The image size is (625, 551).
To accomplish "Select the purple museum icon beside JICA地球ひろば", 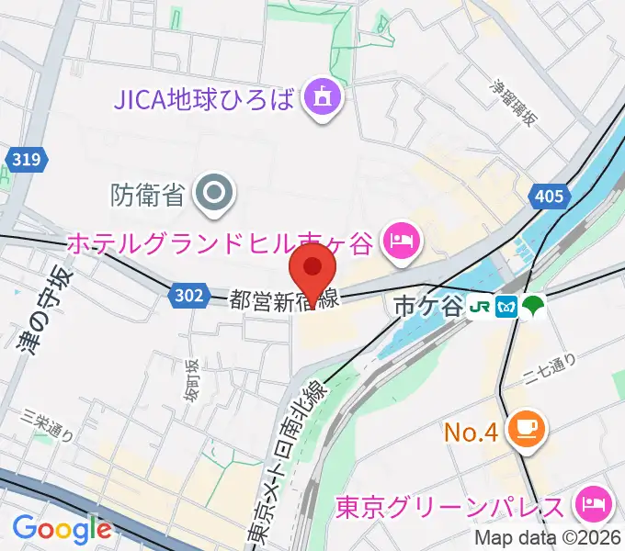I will coord(323,97).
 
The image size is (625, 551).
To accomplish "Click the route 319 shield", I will coord(27,160).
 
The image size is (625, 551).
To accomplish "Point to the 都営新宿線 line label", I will coord(285,299).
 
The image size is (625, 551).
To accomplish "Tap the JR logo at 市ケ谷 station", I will coord(481,307).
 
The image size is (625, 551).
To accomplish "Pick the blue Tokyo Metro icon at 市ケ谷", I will coord(506,307).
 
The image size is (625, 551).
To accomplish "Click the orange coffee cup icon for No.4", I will coord(529,430).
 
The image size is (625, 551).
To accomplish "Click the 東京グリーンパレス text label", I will coord(449,506).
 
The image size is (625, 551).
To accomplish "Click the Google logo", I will coord(62,529).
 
